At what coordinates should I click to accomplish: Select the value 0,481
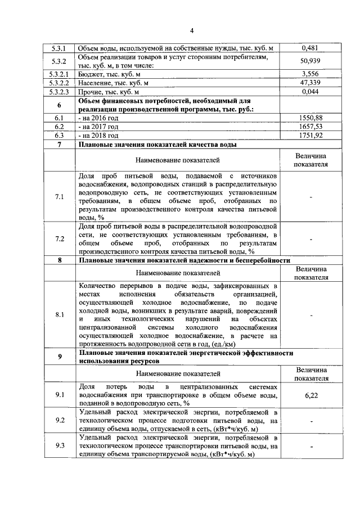tap(311, 48)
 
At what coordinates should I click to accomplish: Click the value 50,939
tap(311, 61)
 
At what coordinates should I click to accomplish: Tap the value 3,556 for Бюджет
tap(311, 74)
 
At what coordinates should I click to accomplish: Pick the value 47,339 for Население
tap(311, 83)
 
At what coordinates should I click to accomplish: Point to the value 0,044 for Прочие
tap(311, 92)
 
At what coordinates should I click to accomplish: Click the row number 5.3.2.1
tap(59, 74)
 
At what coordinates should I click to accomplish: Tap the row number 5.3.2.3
tap(59, 92)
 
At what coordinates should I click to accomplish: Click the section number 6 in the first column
tap(59, 105)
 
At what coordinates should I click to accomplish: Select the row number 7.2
tap(59, 238)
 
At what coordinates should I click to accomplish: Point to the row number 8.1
tap(59, 315)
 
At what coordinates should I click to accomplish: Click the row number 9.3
tap(59, 446)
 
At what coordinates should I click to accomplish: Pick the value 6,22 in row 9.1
tap(311, 396)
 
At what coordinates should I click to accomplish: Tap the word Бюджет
tap(92, 74)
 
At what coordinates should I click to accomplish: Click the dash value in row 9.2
tap(311, 421)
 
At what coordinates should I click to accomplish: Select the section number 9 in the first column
tap(59, 357)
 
